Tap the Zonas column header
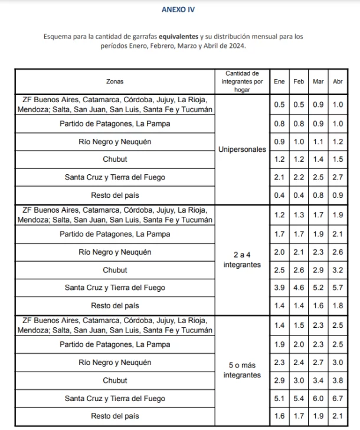(114, 82)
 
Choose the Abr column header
(338, 82)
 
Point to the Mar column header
(318, 82)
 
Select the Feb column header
(299, 82)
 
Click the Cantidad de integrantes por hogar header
(242, 82)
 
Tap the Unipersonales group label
(242, 150)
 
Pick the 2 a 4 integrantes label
(242, 259)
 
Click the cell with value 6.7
(338, 398)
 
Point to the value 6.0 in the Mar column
(318, 398)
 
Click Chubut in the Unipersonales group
(114, 159)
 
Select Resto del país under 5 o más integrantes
(114, 416)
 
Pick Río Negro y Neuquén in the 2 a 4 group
(114, 252)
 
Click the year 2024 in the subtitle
(237, 45)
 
